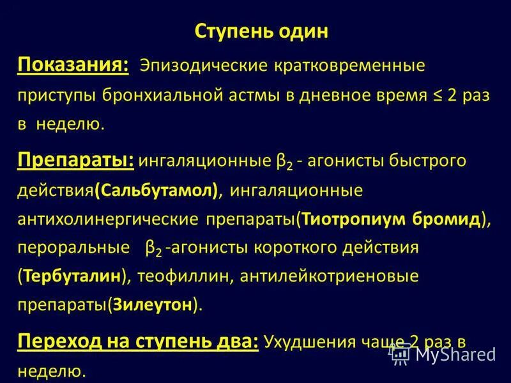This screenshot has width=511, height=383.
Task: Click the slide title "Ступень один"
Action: coord(260,31)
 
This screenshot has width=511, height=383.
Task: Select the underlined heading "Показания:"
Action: coord(73,64)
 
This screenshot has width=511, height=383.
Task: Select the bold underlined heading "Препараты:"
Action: coord(75,160)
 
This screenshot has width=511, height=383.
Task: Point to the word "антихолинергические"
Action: coord(108,219)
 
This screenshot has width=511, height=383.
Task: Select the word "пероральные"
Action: coord(68,248)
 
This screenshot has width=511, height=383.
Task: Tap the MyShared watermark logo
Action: coord(443,354)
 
